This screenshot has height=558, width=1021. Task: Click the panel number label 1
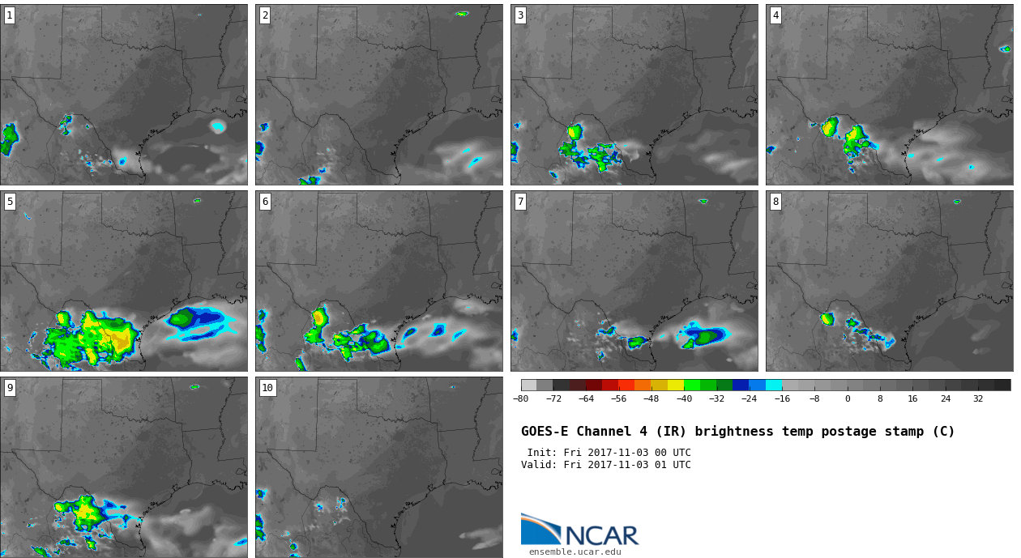point(10,16)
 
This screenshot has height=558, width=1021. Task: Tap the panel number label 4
point(775,16)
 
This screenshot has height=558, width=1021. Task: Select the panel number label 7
point(520,202)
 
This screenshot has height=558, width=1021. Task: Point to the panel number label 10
point(267,388)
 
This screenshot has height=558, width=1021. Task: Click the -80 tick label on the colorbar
point(520,399)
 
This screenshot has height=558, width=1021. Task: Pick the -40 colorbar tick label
point(684,399)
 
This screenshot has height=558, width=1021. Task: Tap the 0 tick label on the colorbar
point(848,399)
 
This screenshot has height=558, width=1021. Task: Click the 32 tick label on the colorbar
point(978,399)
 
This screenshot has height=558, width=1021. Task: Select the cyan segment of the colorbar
point(774,385)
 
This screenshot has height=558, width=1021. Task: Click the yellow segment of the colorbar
point(676,385)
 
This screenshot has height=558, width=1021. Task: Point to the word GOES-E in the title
point(545,432)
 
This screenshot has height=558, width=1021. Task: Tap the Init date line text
point(609,453)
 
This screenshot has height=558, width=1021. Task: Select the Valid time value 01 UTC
point(673,465)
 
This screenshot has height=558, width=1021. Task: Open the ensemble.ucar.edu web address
point(575,552)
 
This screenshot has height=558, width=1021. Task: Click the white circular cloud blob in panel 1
point(218,126)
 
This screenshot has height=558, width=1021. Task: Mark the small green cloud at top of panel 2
point(462,14)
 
